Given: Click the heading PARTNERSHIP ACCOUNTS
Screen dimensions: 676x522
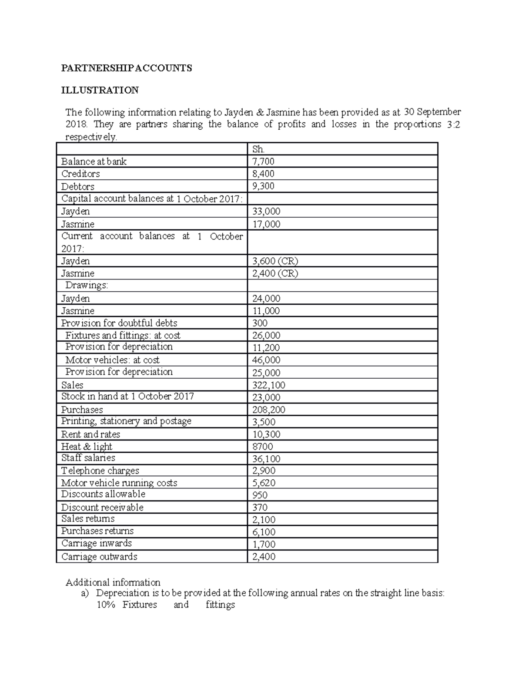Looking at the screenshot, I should coord(126,68).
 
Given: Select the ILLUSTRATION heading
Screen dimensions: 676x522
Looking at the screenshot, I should coord(100,90).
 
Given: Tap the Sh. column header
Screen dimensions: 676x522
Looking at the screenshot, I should coord(258,149).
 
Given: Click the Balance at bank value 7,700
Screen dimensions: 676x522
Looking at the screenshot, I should coord(263,161).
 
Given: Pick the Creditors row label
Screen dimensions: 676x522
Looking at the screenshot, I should coord(80,174).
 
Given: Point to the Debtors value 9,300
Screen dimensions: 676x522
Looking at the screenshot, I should coord(263,186).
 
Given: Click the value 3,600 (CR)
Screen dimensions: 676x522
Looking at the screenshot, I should coord(275,261).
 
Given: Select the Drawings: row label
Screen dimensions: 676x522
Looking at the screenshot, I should coord(87,286).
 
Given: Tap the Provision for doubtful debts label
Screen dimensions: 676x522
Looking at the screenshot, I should coord(119,323).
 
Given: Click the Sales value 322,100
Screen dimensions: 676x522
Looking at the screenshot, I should coord(269,385).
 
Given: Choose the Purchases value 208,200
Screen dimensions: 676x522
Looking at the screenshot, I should coord(269,410).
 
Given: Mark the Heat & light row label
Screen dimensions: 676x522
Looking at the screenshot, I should coord(87,447).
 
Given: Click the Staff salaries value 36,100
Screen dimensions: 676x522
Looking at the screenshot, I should coord(266,459).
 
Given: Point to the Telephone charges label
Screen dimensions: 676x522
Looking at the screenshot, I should coord(100,471).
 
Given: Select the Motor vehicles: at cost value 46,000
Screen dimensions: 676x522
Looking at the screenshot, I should coord(266,360).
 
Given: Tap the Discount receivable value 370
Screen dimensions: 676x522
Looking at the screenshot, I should coord(260,508).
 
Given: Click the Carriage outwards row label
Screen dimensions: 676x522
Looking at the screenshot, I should coord(99,557).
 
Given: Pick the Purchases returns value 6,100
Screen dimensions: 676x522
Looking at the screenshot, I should coord(263,532).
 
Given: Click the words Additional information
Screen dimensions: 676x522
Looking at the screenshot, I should coord(113,582).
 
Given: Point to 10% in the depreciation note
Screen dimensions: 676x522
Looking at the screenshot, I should coord(105,605).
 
